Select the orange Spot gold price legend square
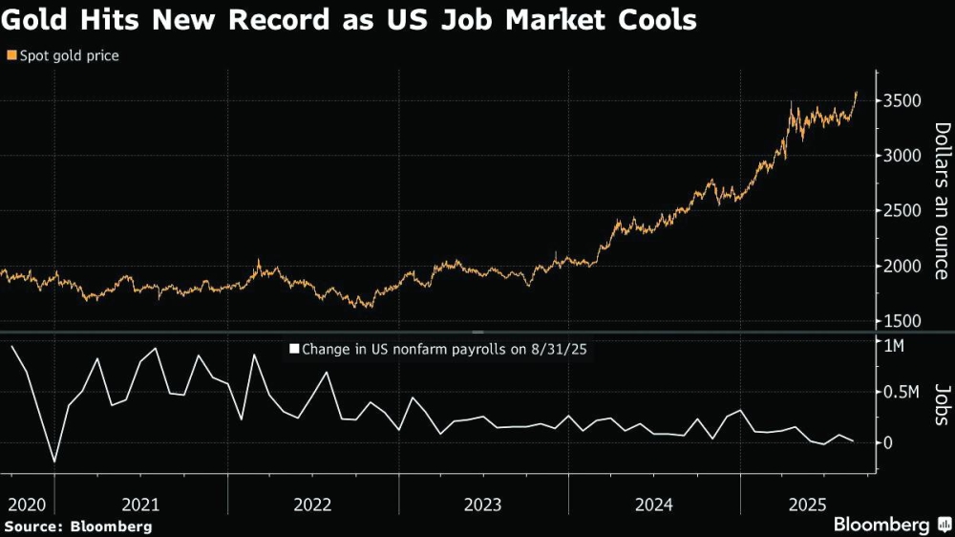(11, 55)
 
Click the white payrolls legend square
(294, 350)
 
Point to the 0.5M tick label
(902, 394)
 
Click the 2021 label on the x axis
(141, 504)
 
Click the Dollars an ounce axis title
(941, 200)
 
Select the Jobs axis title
(941, 404)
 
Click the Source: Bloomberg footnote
(77, 526)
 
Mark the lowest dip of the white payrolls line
(53, 462)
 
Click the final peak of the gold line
(857, 93)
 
